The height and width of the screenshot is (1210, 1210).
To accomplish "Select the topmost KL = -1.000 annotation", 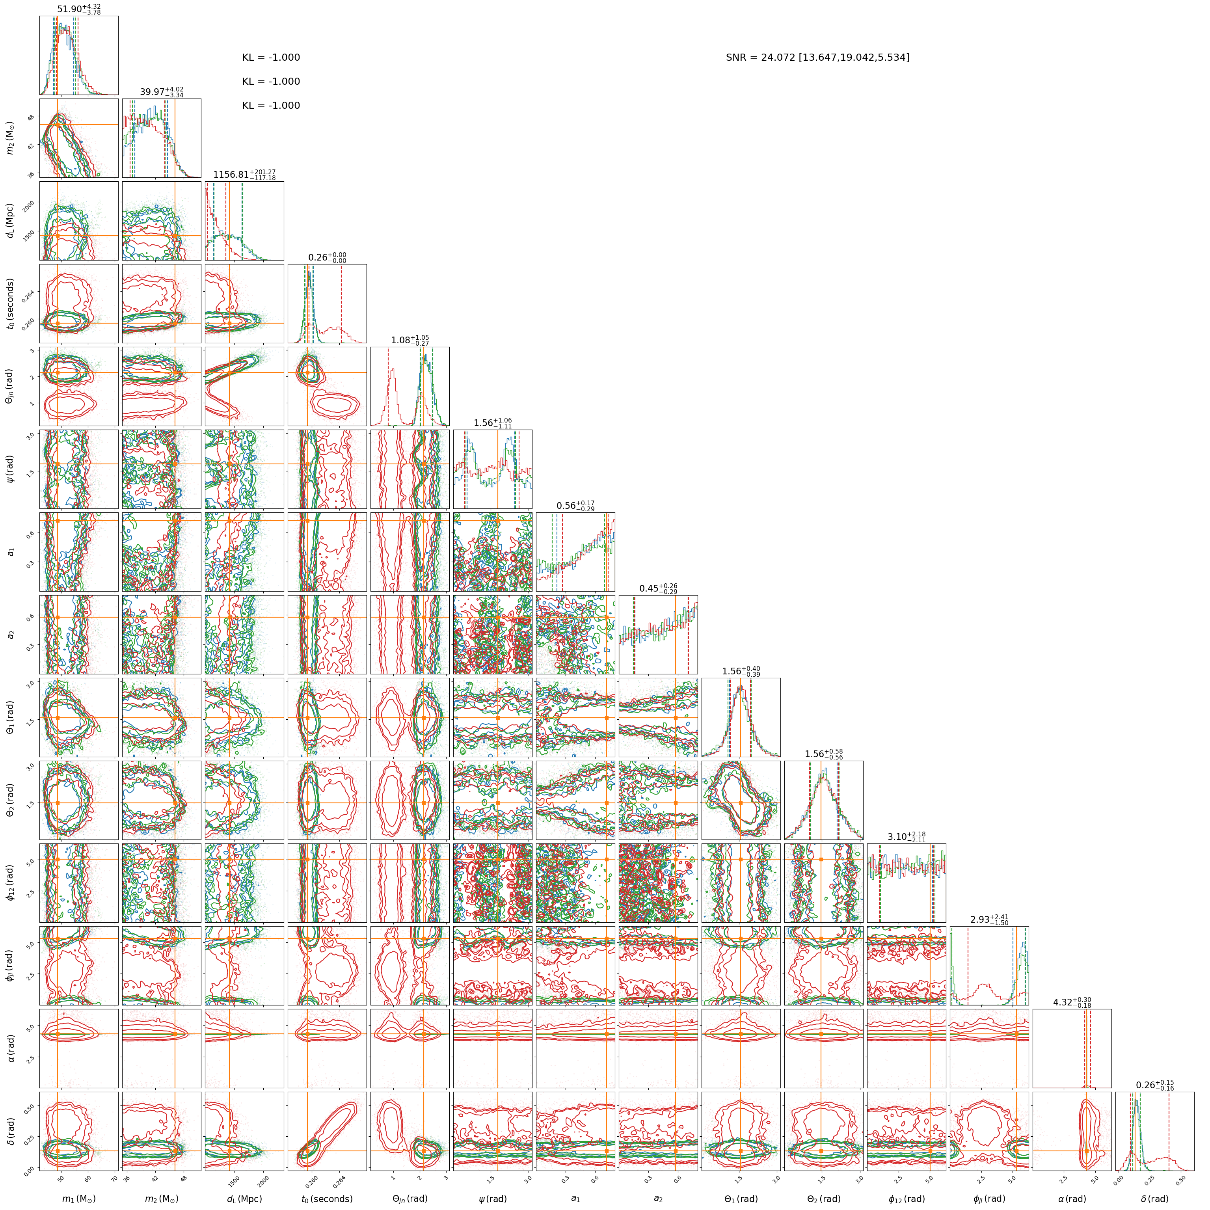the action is pyautogui.click(x=271, y=58).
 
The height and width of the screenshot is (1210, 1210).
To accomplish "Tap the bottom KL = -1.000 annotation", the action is pyautogui.click(x=271, y=106).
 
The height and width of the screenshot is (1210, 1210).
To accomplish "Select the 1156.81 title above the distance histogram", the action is pyautogui.click(x=244, y=174).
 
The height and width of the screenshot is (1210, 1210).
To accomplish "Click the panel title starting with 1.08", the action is pyautogui.click(x=410, y=340).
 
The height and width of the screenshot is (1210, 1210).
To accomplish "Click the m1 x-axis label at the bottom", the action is pyautogui.click(x=79, y=1199).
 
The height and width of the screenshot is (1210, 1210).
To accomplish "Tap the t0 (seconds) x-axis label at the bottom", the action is pyautogui.click(x=327, y=1199).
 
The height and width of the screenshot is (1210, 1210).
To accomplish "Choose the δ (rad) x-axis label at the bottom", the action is pyautogui.click(x=1155, y=1199).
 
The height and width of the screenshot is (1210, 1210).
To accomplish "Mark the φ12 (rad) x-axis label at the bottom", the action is pyautogui.click(x=906, y=1199).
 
